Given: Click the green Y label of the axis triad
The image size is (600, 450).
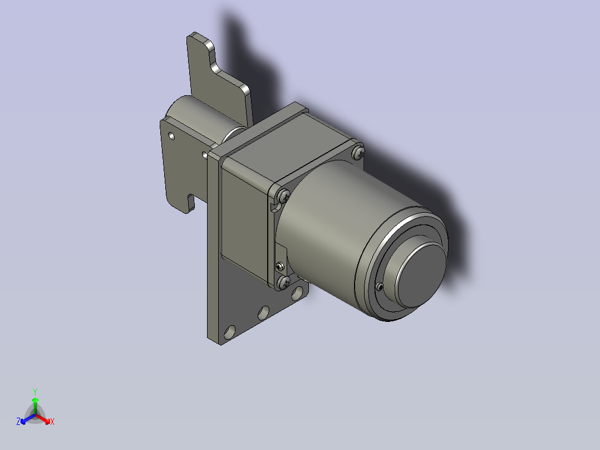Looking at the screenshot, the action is click(x=35, y=392).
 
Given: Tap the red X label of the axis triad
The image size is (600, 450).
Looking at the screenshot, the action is click(x=52, y=422).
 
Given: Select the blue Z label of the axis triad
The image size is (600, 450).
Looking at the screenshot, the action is click(x=18, y=422).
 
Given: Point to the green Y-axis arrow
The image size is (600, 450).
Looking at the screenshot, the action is click(x=35, y=406).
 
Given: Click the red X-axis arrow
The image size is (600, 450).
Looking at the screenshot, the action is click(x=43, y=419).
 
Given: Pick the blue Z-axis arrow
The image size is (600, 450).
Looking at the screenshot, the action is click(x=28, y=419).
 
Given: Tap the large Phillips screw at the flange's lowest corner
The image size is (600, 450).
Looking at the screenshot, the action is click(x=283, y=282).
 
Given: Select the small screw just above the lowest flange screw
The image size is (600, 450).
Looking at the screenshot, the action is click(x=280, y=266).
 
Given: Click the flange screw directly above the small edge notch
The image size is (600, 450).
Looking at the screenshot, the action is click(x=283, y=196).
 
